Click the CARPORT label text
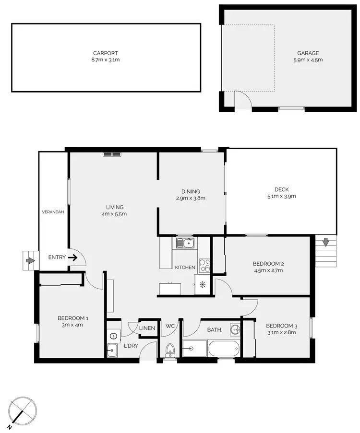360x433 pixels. pos(106,53)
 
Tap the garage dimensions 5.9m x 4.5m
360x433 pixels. pos(308,60)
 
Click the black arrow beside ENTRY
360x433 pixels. pos(72,257)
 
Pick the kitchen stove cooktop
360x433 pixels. pos(204,263)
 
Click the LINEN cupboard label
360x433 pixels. pos(147,328)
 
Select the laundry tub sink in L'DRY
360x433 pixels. pos(111,351)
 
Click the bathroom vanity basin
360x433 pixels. pos(234,329)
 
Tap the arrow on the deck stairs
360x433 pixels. pos(326,243)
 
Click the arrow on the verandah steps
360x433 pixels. pos(30,261)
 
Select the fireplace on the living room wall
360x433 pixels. pos(112,154)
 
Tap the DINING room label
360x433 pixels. pos(191,191)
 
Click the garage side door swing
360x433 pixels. pos(242,99)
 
